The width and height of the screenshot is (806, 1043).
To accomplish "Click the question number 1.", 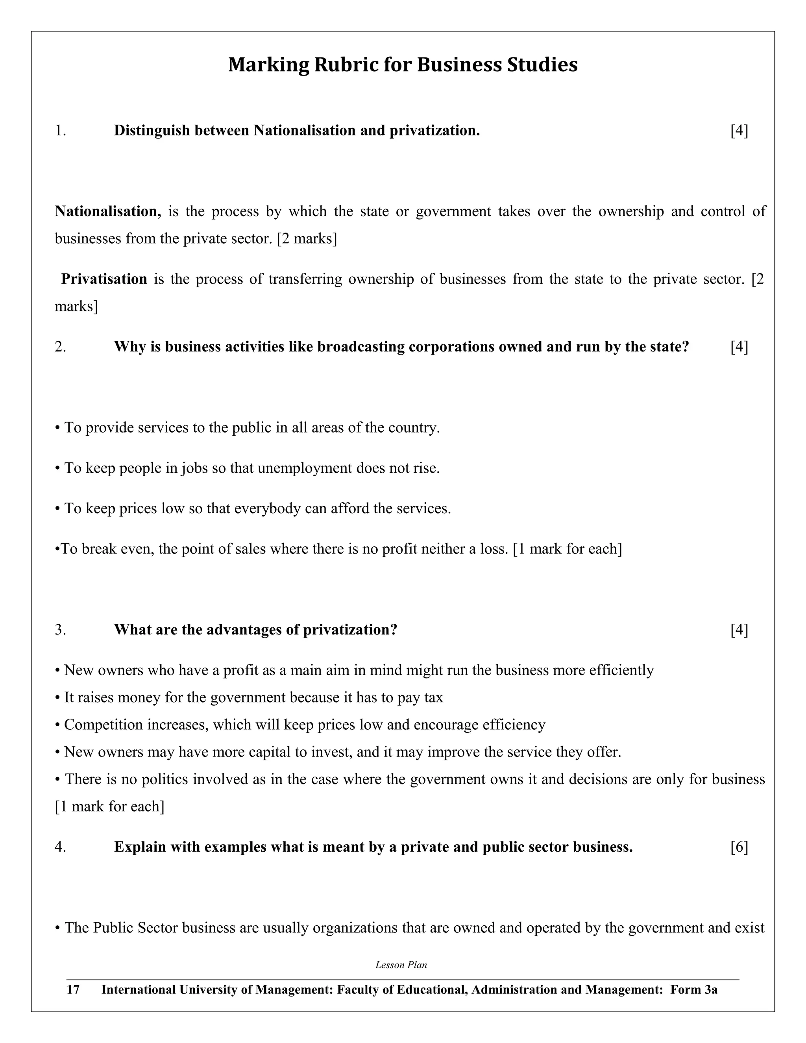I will coord(60,130).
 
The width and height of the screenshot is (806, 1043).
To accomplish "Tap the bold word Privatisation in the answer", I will coord(104,279).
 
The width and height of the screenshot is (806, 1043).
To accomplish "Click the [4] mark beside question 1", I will coord(739,130).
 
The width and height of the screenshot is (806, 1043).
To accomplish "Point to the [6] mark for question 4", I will coord(739,847).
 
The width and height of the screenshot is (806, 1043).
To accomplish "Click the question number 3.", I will coord(60,630).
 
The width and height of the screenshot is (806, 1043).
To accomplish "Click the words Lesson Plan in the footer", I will coord(401,965).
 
